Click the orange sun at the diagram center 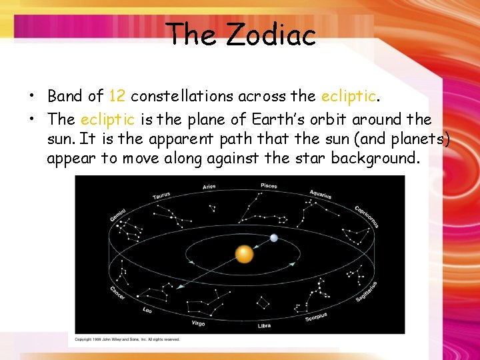coord(244,254)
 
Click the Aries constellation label coord(209,187)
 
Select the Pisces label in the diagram coord(269,186)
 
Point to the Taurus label coord(161,196)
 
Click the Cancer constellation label coord(117,293)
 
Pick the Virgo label coord(198,323)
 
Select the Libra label coord(264,325)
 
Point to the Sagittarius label coord(366,291)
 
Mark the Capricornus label coord(366,216)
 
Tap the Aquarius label coord(321,195)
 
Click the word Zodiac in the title coord(270,35)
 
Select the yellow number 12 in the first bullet coord(117,96)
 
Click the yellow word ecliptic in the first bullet coord(348,96)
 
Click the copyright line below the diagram coord(127,339)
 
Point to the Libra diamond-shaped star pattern coord(263,303)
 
